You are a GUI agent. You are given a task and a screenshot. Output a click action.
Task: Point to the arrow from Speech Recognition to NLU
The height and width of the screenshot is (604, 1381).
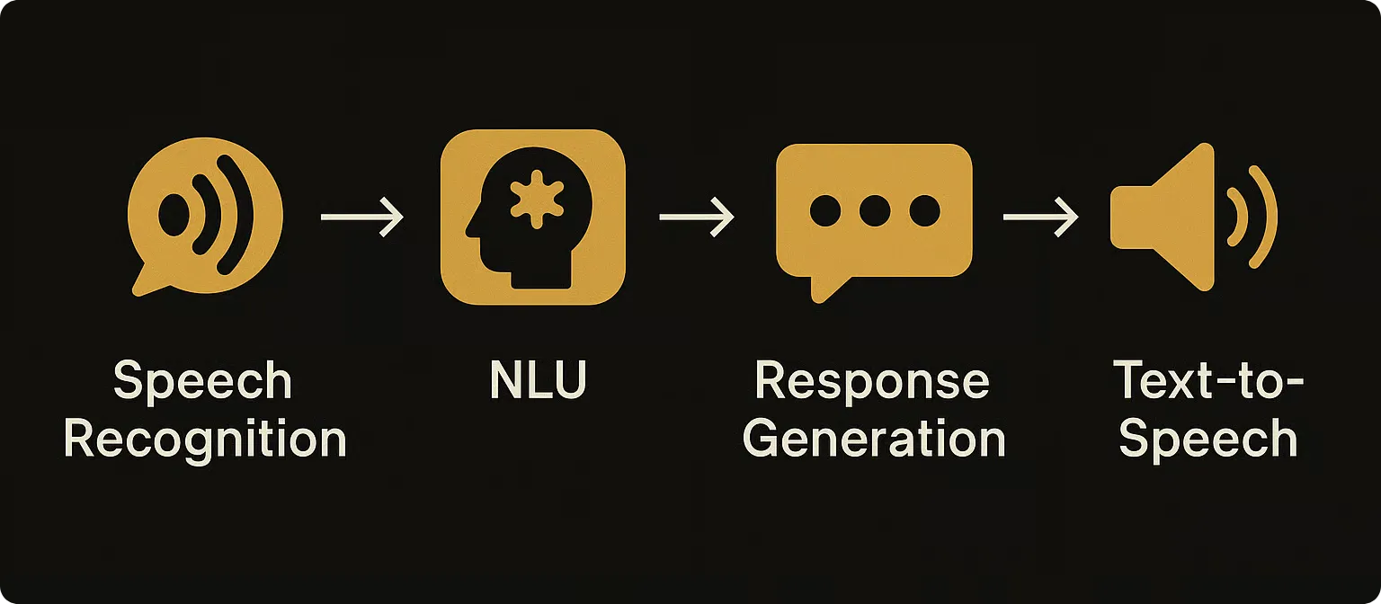(x=362, y=218)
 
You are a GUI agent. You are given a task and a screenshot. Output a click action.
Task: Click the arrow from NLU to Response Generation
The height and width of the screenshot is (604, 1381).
(x=697, y=218)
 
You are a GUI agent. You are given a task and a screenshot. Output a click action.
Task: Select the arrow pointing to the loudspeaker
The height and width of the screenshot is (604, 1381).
(x=1040, y=218)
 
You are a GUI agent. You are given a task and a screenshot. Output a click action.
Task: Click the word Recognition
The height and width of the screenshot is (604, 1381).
(x=205, y=440)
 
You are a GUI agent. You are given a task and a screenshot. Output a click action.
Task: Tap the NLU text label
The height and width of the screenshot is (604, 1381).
(x=538, y=381)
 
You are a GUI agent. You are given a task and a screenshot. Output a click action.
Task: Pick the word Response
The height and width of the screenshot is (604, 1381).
(x=872, y=381)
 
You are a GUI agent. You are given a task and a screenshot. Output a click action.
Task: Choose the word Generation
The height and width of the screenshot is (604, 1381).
(x=874, y=440)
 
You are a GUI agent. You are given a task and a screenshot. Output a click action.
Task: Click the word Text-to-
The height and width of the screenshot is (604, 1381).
(x=1207, y=381)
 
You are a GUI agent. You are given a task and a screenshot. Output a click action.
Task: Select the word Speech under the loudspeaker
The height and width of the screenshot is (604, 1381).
(x=1207, y=440)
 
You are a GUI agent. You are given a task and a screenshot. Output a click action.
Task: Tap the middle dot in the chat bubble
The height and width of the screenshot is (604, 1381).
(x=874, y=210)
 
